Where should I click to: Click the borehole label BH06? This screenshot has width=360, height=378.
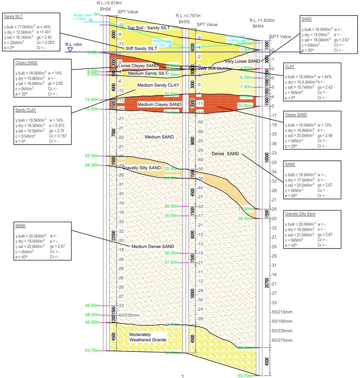point(105,9)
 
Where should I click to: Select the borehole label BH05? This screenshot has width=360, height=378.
point(184,22)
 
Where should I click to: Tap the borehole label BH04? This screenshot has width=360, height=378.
point(258,26)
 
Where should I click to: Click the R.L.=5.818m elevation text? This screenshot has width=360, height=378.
point(109,3)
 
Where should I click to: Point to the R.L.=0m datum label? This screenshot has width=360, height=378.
point(74,45)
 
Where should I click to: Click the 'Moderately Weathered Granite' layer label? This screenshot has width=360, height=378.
point(148,337)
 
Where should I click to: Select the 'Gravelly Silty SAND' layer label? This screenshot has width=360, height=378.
point(142,168)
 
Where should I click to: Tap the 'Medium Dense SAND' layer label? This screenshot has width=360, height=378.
point(153,246)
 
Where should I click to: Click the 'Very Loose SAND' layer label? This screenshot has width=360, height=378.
point(242,61)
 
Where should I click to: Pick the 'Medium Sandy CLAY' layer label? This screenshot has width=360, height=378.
point(158,85)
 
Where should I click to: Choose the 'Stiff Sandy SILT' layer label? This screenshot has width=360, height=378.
point(141,48)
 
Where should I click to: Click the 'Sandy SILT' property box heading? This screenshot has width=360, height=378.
point(13,17)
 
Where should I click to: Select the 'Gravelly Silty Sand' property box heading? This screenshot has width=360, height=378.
point(300,214)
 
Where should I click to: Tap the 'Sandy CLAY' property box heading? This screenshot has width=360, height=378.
point(26,110)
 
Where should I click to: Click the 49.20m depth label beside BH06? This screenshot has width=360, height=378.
point(92,322)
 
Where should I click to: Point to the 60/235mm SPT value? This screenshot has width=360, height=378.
point(129,315)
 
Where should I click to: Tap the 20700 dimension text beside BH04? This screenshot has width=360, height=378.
point(267,283)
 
